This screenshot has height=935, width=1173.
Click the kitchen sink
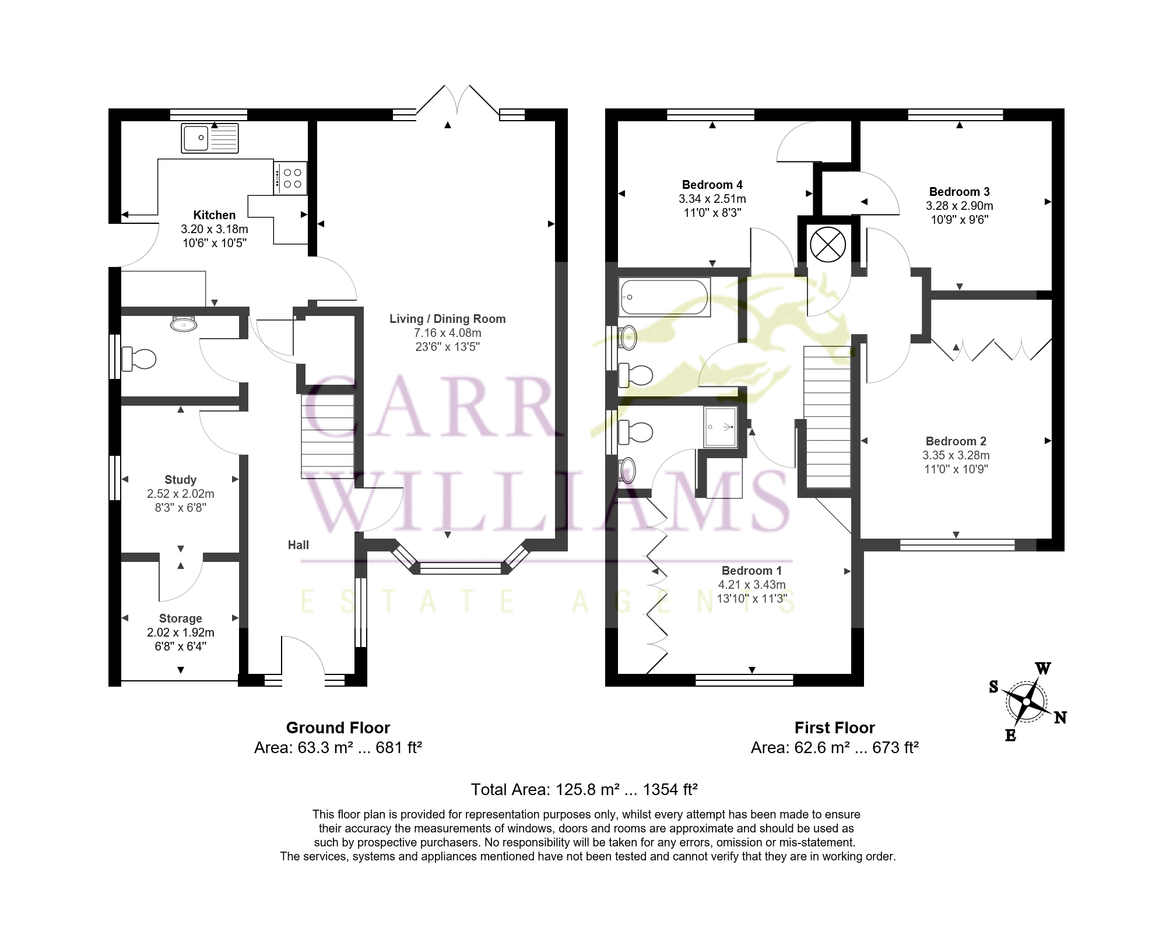pos(210,138)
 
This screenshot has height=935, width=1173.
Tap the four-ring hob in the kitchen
pos(290,178)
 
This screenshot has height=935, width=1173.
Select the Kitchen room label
pos(215,215)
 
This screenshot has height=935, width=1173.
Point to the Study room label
pos(181,480)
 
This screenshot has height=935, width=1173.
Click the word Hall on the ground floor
pos(298,545)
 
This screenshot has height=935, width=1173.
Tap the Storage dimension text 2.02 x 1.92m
pos(181,632)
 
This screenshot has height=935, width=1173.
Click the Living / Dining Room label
pos(448,319)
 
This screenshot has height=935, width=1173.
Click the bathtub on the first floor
pos(665,297)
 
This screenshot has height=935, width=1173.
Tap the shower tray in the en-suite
pos(721,427)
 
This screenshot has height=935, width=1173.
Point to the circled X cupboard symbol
pos(828,244)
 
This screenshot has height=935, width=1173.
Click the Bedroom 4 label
pos(712,185)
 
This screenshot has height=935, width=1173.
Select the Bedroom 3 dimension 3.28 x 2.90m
pos(960,206)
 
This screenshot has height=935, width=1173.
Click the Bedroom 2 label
pos(956,441)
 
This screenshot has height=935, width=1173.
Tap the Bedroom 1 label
pos(752,571)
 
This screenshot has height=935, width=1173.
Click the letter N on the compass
pos(1060,718)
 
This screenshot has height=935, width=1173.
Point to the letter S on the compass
pos(994,687)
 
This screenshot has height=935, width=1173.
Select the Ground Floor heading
pos(338,727)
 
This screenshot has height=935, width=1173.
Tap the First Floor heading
pos(835,727)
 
